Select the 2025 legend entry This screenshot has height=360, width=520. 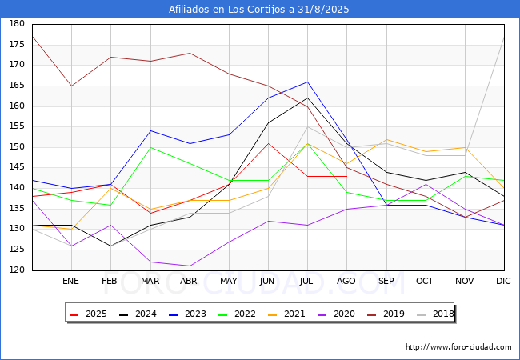tap(89, 314)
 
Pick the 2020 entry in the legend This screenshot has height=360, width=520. tap(336, 314)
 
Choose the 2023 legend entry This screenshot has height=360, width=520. tap(188, 314)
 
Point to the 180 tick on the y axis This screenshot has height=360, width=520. tap(17, 23)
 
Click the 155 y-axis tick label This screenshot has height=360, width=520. tap(17, 126)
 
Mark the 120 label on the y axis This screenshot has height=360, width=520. tap(17, 270)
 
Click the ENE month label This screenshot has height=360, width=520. tap(70, 281)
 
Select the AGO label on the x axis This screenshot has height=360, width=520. tap(346, 281)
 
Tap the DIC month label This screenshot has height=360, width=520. tap(503, 281)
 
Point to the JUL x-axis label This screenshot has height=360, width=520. tap(306, 281)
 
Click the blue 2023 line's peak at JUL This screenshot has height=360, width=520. tap(307, 82)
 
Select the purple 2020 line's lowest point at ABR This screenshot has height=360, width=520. tap(190, 266)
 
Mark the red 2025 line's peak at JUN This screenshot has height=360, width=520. tap(268, 143)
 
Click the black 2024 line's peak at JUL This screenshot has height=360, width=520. tap(307, 98)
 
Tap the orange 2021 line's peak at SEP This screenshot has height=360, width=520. tap(386, 139)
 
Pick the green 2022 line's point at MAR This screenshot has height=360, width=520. tap(150, 147)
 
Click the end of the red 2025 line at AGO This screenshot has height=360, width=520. tap(347, 176)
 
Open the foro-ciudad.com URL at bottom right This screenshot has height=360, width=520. tap(458, 347)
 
